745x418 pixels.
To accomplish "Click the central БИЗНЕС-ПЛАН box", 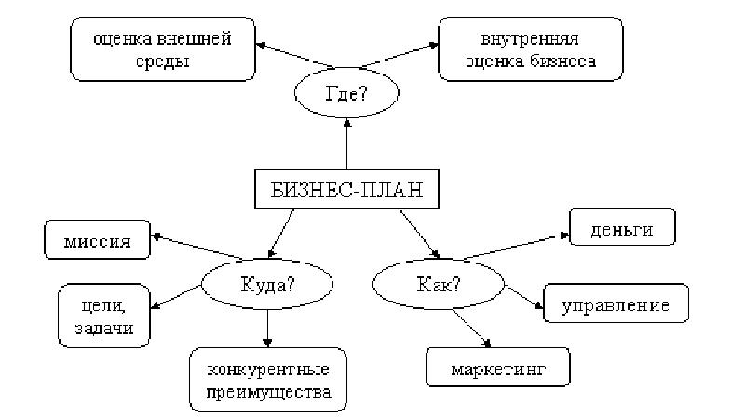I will [346, 191].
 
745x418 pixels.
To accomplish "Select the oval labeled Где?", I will [346, 93].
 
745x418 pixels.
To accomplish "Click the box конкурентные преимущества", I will [268, 379].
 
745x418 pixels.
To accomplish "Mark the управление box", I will [616, 304].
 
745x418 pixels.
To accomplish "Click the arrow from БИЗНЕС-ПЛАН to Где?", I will [346, 144].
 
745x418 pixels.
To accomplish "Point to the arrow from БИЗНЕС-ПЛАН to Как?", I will [419, 233].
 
